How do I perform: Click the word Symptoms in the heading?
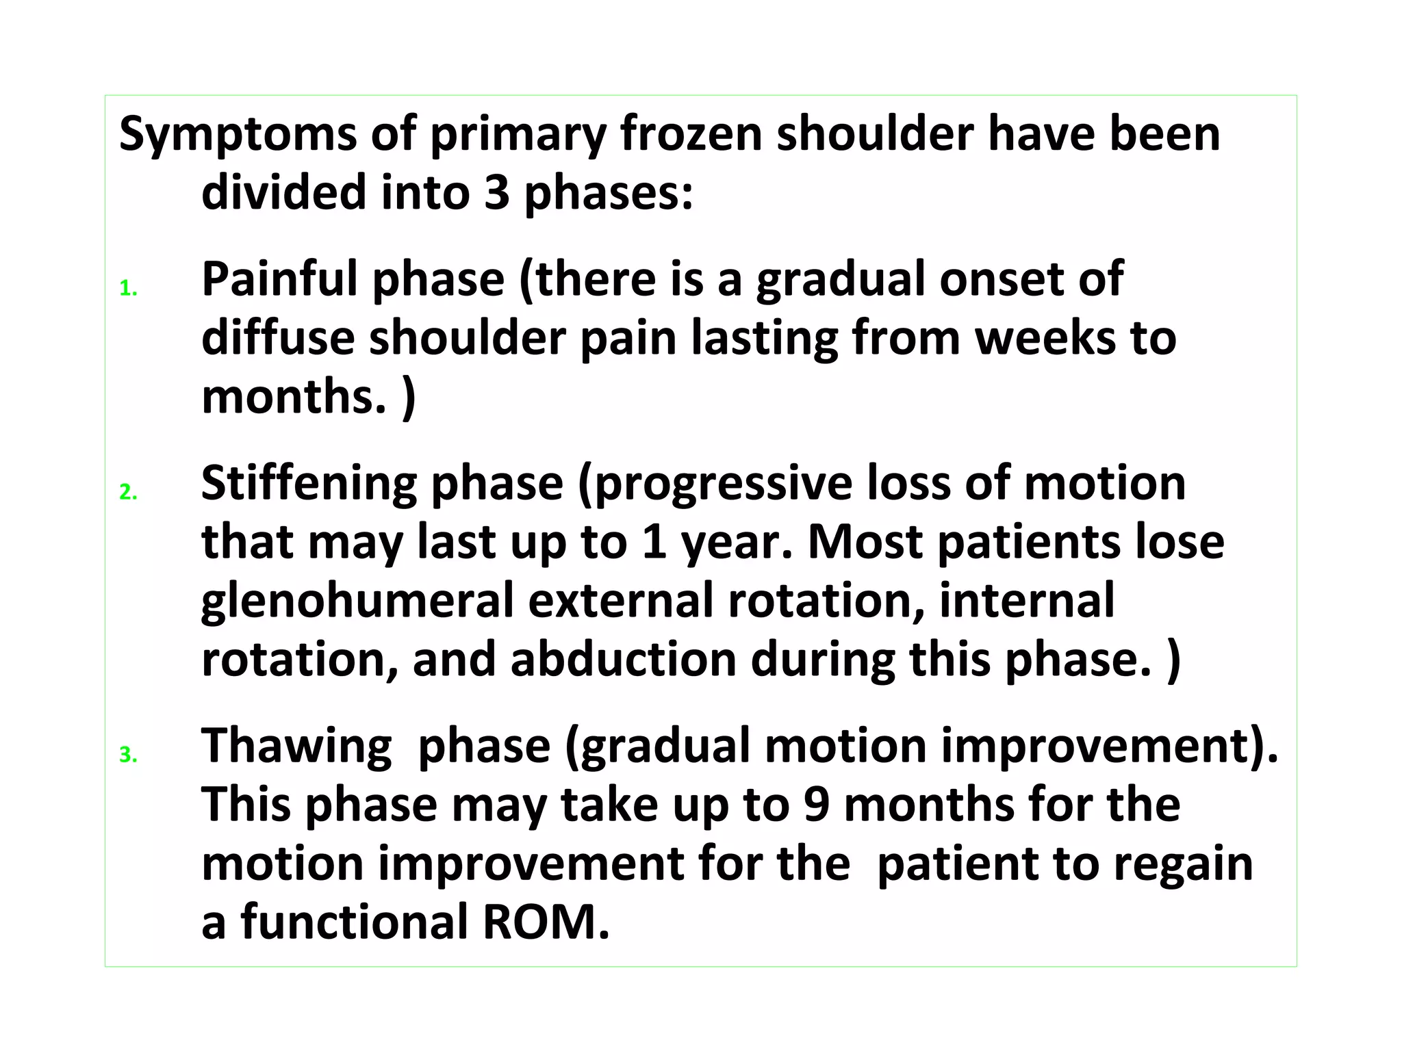coord(238,135)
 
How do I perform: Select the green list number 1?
coord(127,289)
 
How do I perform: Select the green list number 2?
coord(127,493)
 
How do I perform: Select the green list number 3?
coord(127,755)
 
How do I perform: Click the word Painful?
coord(279,281)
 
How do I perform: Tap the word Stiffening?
coord(308,484)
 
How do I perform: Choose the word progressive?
coord(715,484)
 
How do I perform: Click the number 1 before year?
coord(655,542)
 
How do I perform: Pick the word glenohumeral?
coord(357,601)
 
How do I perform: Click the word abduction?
coord(624,660)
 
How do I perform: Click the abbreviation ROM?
coord(546,922)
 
